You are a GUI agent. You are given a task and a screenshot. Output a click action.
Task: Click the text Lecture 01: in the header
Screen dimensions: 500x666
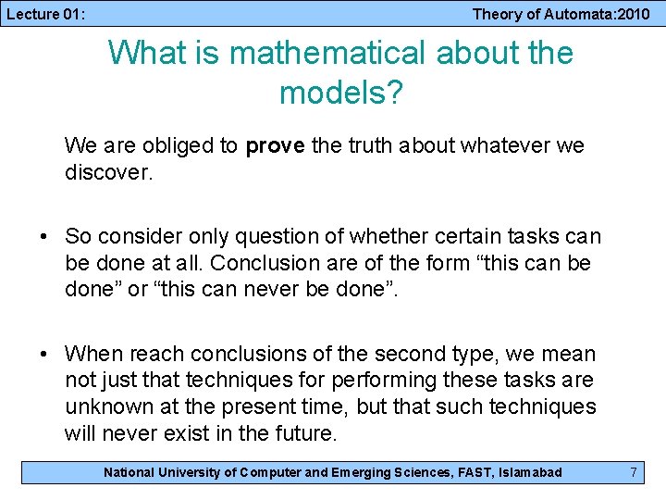[45, 14]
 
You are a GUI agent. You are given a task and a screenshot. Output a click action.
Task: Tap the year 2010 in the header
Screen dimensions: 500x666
[633, 14]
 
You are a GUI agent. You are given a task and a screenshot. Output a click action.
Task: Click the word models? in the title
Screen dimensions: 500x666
[341, 93]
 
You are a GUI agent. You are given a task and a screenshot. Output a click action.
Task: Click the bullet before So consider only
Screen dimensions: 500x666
[44, 237]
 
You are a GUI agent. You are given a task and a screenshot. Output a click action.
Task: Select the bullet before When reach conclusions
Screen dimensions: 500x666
[44, 354]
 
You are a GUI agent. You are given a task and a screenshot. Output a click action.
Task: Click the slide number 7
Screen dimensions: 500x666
[634, 472]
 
